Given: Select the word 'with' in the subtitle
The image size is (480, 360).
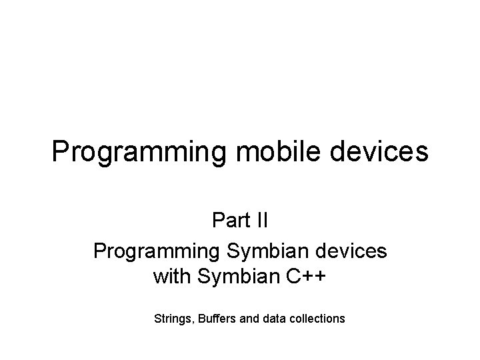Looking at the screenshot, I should [x=171, y=275].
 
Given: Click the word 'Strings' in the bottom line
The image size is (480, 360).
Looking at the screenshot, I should [x=171, y=319].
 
